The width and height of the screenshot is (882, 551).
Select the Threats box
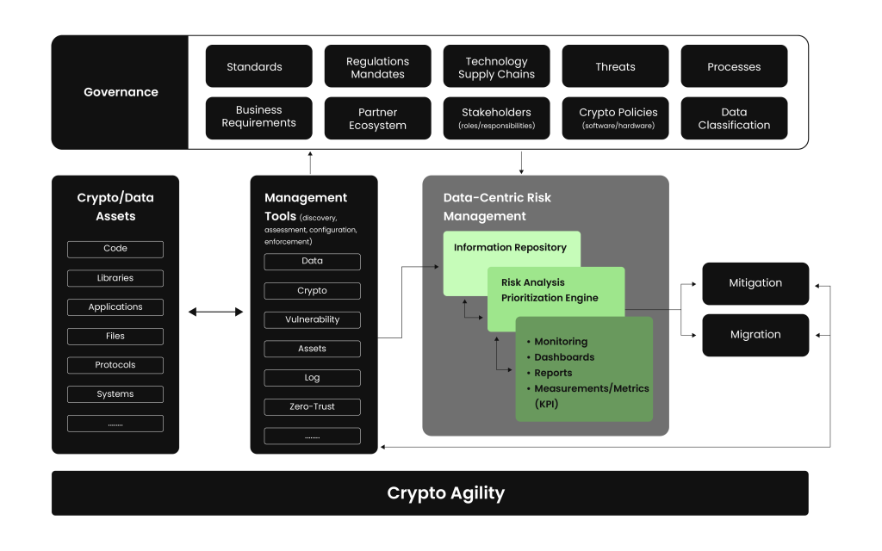point(615,67)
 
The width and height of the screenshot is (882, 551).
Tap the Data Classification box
point(734,119)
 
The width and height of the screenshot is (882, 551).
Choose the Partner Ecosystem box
point(377,119)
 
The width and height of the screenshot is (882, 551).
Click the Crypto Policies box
point(615,119)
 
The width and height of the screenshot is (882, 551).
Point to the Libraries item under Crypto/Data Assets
point(115,278)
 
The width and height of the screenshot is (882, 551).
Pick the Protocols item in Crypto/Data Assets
point(115,365)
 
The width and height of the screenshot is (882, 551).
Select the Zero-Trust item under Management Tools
point(312,406)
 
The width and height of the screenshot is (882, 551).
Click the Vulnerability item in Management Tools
point(312,319)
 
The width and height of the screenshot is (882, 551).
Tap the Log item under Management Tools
point(312,377)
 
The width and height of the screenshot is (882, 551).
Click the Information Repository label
point(511,248)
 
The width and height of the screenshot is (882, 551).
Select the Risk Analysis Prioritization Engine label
point(550,290)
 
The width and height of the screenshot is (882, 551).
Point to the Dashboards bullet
point(564,357)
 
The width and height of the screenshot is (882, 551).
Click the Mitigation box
point(755,283)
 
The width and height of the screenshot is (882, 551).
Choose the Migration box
point(755,335)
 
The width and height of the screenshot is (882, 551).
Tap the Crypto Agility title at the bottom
point(445,493)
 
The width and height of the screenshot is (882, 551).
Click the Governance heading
point(121,92)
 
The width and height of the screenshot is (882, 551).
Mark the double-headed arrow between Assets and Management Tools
point(215,312)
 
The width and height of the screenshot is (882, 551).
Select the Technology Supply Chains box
point(496,67)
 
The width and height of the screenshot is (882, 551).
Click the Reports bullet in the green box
point(553,373)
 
